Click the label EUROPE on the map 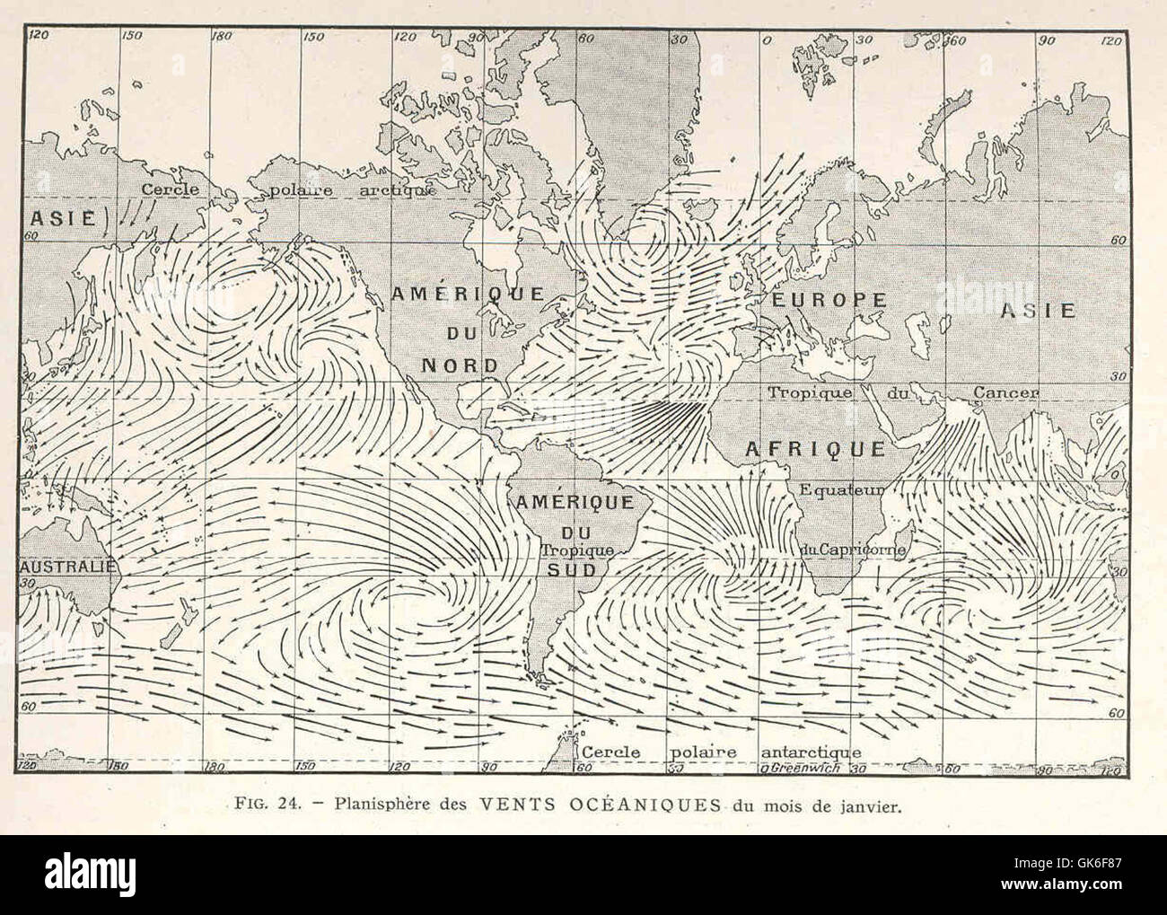[x=825, y=300]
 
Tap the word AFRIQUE [x=816, y=449]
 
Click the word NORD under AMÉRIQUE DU [x=460, y=365]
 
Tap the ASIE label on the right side [x=1039, y=311]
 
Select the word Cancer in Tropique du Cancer [x=1006, y=392]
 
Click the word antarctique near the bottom [x=811, y=752]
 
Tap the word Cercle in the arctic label [x=170, y=189]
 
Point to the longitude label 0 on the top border [x=766, y=40]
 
